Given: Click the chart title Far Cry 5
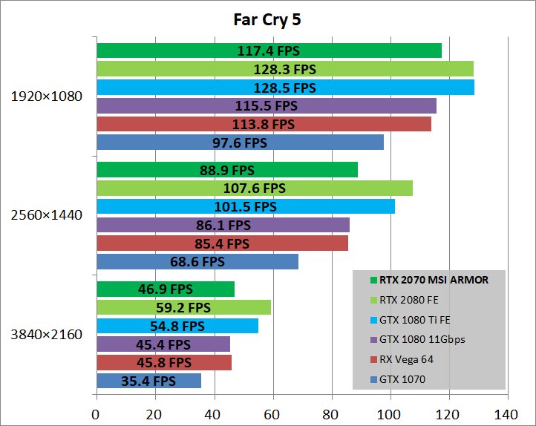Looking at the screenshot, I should tap(267, 20).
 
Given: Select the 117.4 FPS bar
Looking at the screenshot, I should tap(269, 50).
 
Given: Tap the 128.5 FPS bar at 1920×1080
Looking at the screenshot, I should tap(285, 88).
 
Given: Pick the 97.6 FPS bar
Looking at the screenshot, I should tap(240, 142).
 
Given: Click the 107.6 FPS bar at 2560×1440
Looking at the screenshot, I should tap(254, 189).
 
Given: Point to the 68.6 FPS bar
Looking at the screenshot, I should tap(197, 262).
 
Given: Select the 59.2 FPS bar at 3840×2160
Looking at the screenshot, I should tap(183, 307).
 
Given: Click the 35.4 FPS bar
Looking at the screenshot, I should tap(148, 381).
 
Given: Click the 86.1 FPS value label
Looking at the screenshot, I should tap(223, 225).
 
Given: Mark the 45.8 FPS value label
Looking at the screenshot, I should tap(164, 363).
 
